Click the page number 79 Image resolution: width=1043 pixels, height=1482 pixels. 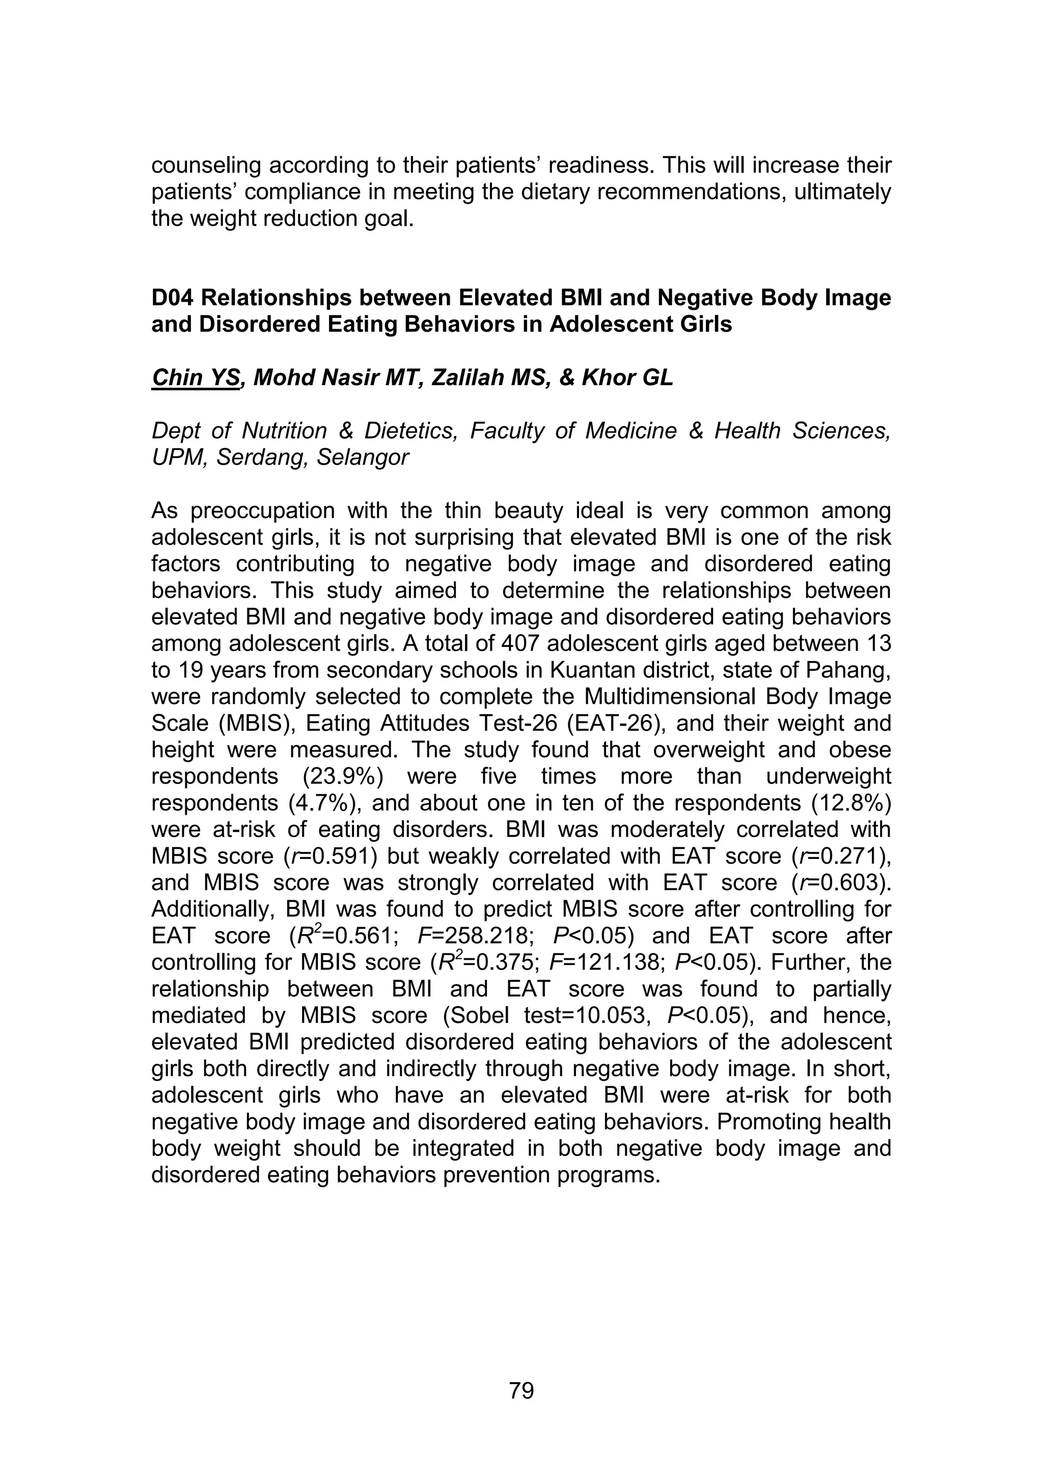pyautogui.click(x=521, y=1390)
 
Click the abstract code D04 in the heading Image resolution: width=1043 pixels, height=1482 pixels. pyautogui.click(x=172, y=298)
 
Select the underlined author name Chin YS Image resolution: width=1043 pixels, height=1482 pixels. pyautogui.click(x=196, y=378)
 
